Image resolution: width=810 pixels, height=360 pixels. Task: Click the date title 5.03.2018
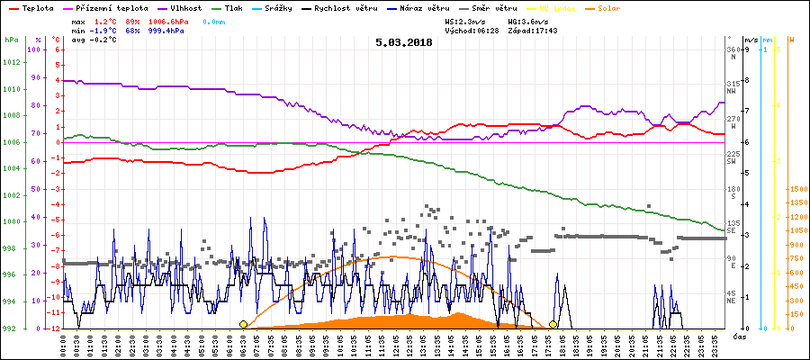pyautogui.click(x=404, y=41)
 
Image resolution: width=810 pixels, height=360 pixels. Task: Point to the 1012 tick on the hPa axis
pyautogui.click(x=11, y=62)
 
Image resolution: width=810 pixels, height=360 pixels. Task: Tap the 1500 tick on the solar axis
pyautogui.click(x=796, y=190)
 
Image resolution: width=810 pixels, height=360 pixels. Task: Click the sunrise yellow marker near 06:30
pyautogui.click(x=243, y=324)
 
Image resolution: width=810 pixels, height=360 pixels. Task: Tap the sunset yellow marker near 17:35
pyautogui.click(x=553, y=324)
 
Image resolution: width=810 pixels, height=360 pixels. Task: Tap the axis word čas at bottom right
pyautogui.click(x=738, y=337)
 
